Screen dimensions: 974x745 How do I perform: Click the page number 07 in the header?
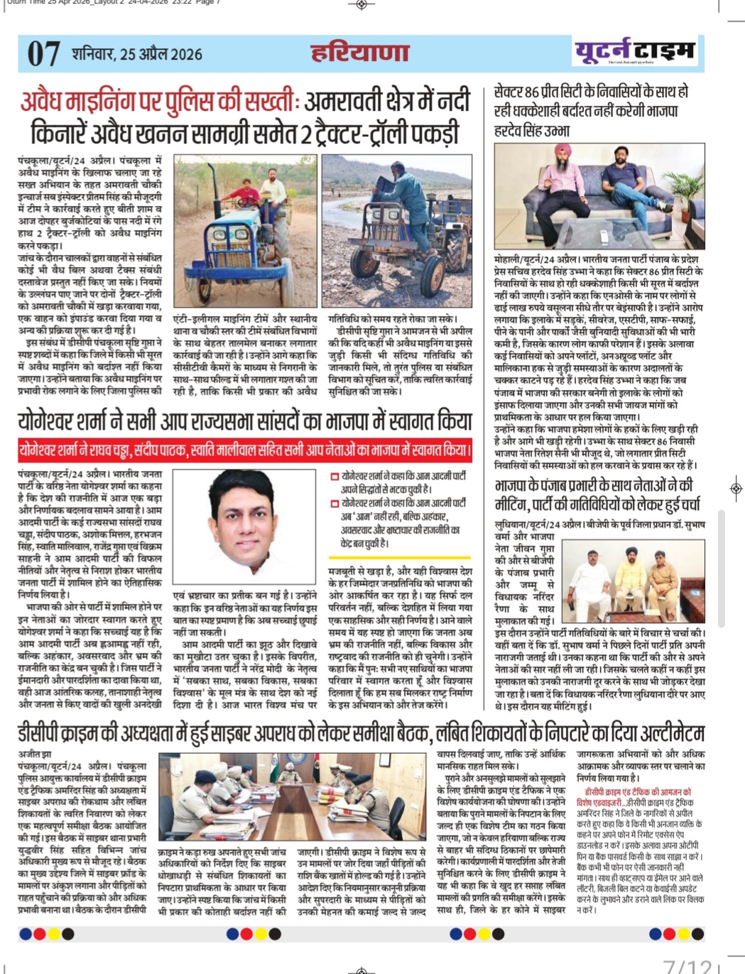click(x=43, y=54)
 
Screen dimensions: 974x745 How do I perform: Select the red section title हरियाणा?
click(x=360, y=53)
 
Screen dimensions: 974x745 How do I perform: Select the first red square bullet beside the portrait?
click(x=334, y=477)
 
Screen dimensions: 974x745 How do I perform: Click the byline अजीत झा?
click(x=33, y=754)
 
